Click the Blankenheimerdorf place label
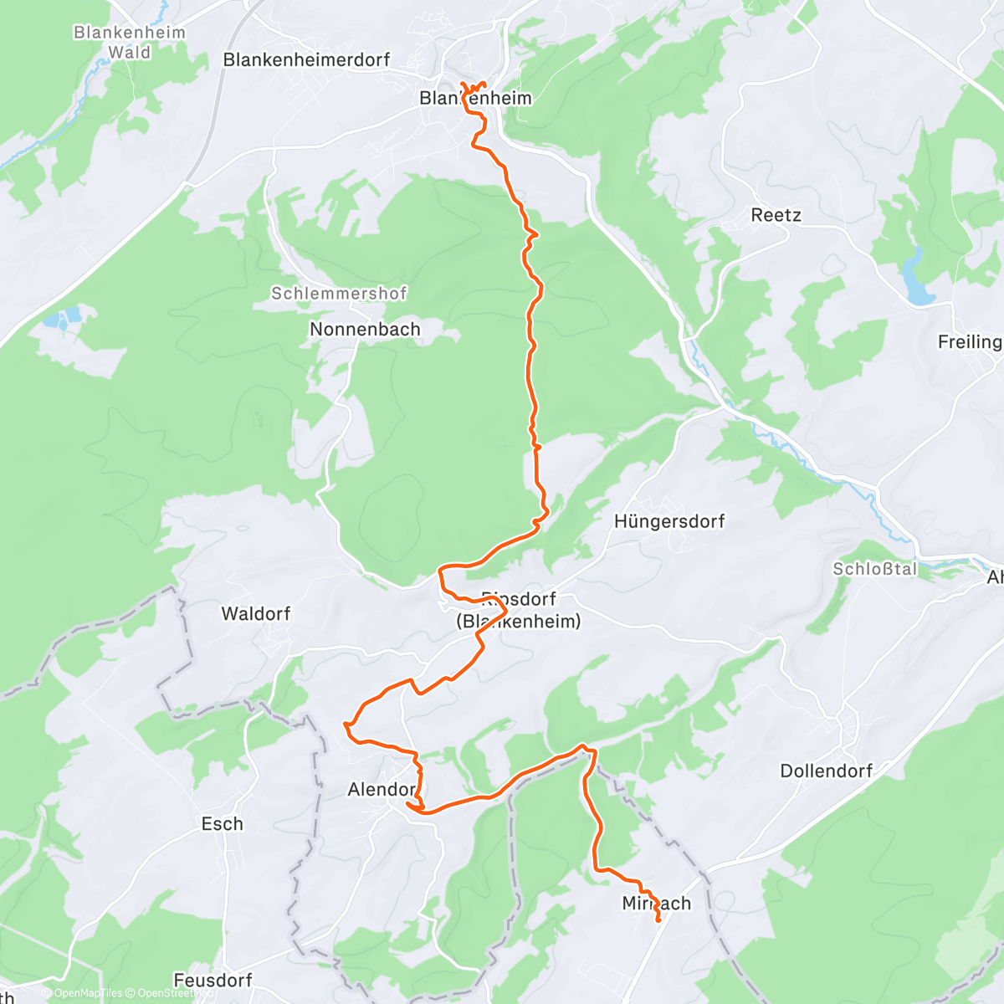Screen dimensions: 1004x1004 coord(306,60)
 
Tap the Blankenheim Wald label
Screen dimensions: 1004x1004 coord(130,42)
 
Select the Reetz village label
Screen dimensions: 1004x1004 coord(776,215)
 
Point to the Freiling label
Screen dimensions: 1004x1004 coord(970,341)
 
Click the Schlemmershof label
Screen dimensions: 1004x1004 coord(339,293)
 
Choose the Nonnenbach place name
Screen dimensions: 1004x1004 coord(365,329)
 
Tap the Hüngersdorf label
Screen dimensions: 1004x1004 coord(669,521)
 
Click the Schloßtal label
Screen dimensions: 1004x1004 coord(875,569)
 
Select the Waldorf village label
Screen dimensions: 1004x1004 coord(256,613)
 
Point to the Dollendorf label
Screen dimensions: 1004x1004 coord(827,771)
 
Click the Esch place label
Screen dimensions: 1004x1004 coord(223,824)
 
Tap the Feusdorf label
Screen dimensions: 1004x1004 coord(213,980)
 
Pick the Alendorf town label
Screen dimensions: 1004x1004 coord(382,789)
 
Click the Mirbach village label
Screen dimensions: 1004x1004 coord(657,903)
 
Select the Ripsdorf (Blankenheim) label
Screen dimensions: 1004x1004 coord(518,610)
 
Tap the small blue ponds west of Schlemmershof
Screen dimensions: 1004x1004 coord(63,317)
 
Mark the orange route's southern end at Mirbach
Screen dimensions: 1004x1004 coord(658,921)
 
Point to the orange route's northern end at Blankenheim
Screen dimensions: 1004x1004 coord(463,83)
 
